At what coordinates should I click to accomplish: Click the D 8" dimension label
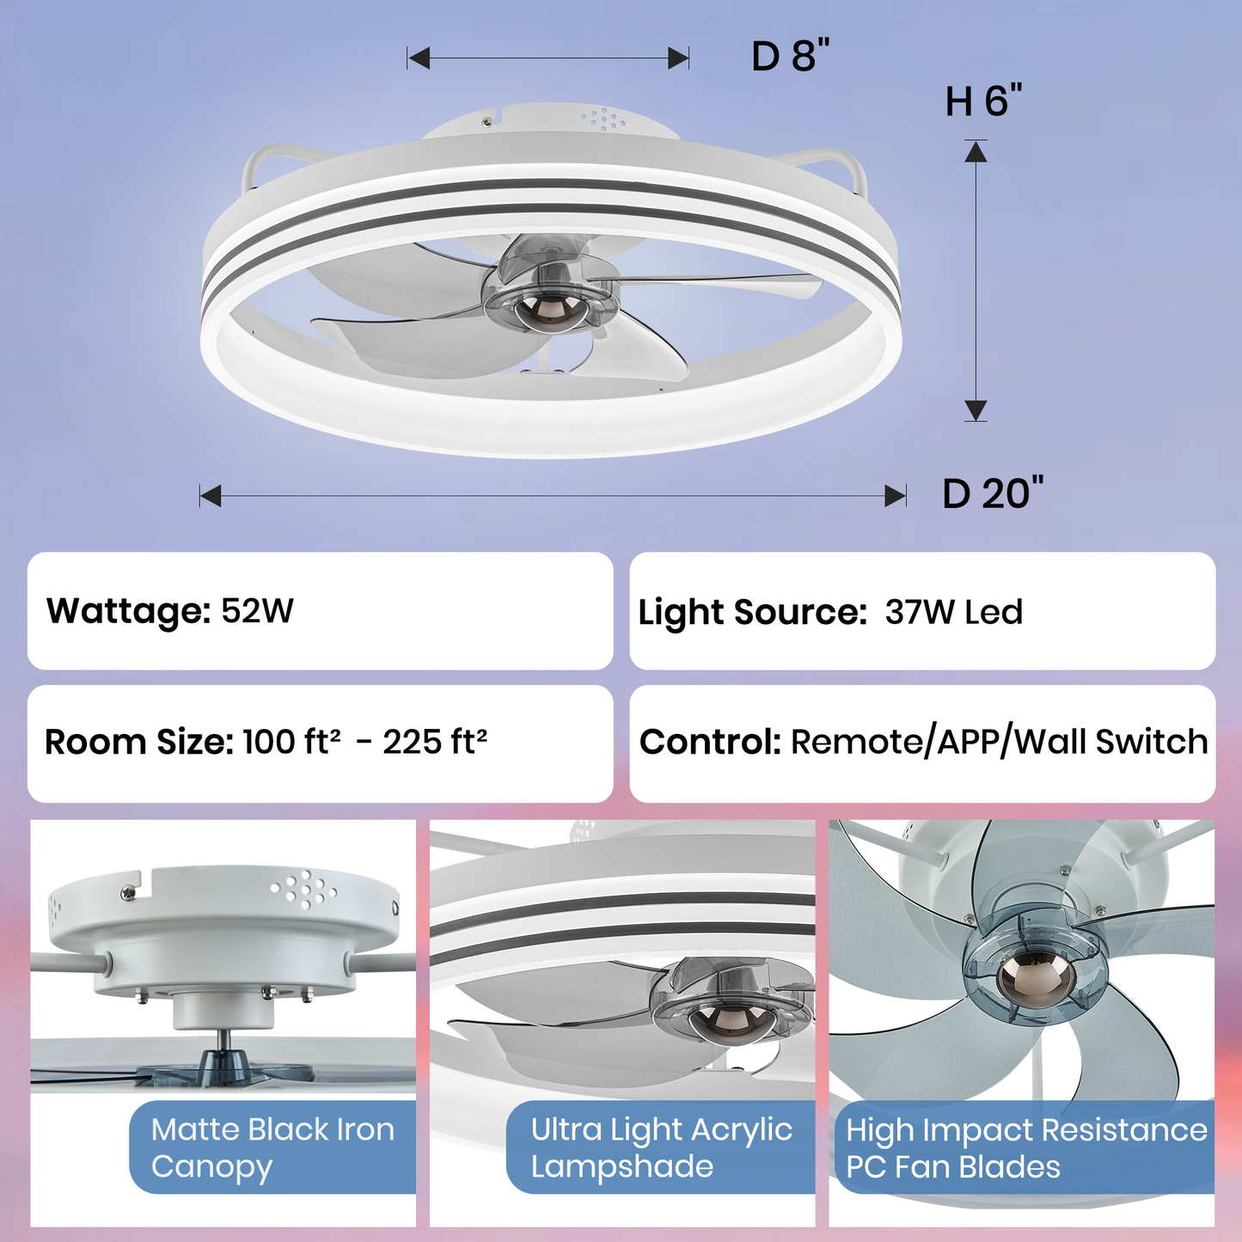[x=790, y=57]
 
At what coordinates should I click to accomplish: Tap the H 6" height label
[x=983, y=101]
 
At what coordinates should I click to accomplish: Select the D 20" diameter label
[x=992, y=494]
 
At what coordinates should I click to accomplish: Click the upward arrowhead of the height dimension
[x=976, y=153]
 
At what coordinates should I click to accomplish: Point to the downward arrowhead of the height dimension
[x=976, y=410]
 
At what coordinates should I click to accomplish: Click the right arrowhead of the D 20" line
[x=896, y=496]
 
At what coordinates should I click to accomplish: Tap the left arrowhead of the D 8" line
[x=419, y=58]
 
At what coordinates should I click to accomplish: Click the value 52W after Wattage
[x=257, y=611]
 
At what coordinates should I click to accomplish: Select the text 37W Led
[x=953, y=612]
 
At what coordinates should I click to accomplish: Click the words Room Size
[x=138, y=742]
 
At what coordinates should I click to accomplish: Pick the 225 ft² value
[x=435, y=741]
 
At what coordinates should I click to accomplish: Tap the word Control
[x=709, y=742]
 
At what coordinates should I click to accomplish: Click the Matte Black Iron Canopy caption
[x=272, y=1147]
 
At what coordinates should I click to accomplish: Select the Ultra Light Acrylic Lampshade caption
[x=661, y=1147]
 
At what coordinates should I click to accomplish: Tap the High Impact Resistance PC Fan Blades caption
[x=1026, y=1148]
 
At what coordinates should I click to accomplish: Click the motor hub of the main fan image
[x=548, y=305]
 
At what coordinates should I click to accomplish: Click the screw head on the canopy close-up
[x=129, y=894]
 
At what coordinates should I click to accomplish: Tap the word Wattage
[x=128, y=611]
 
